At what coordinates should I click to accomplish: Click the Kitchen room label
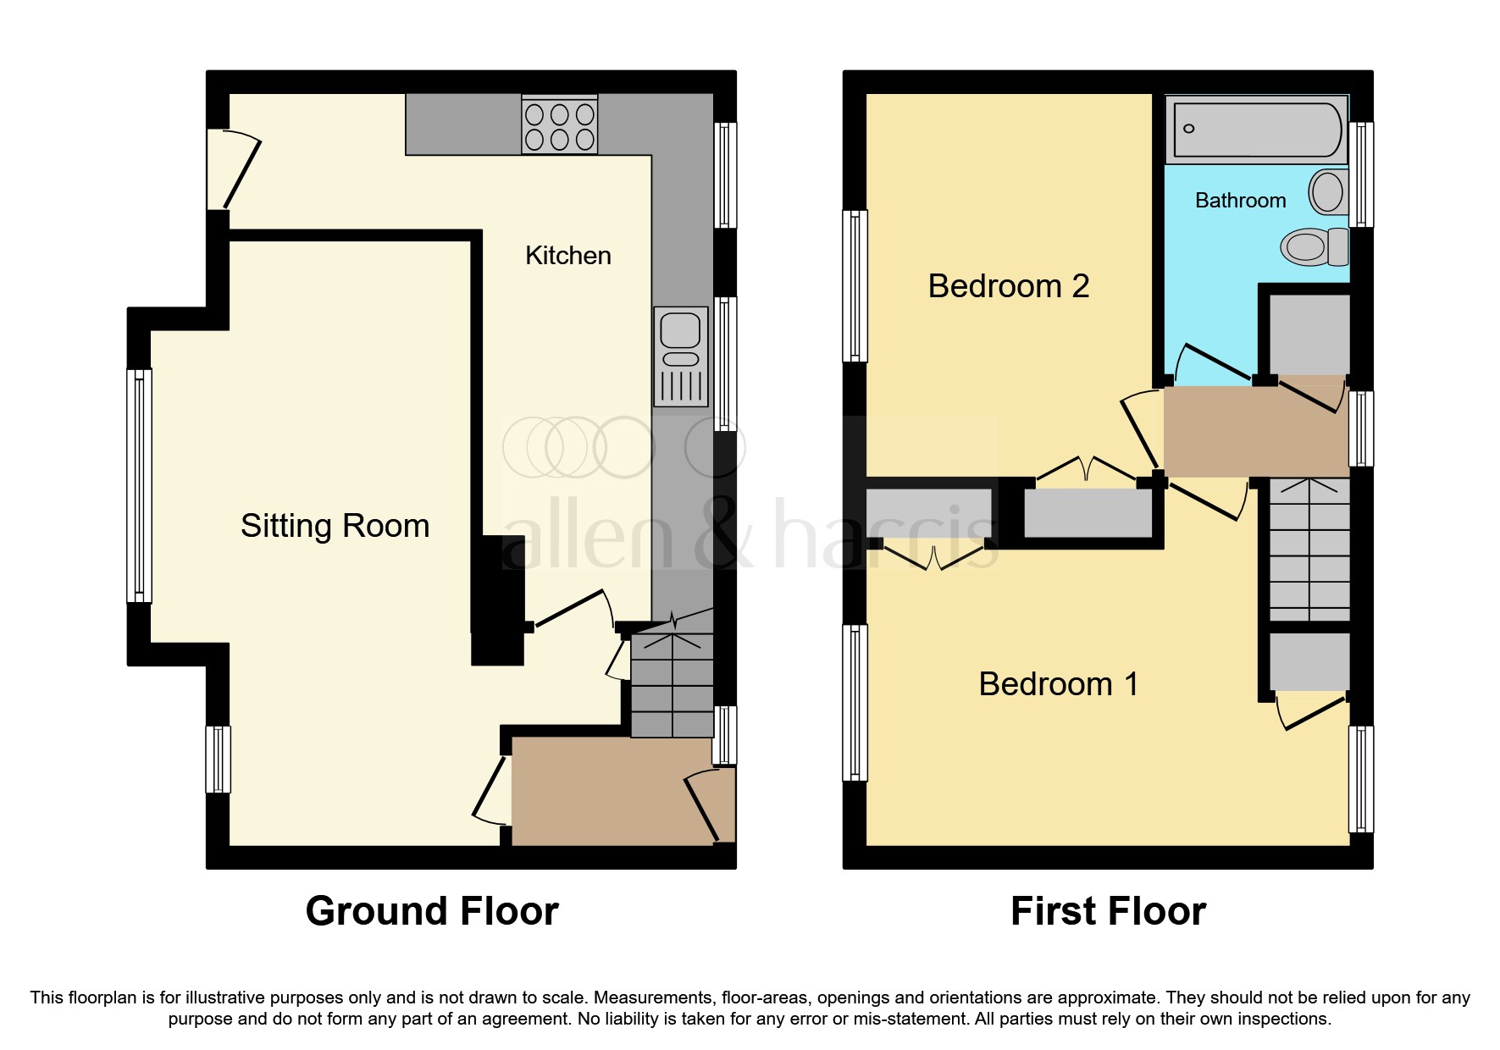coord(567,256)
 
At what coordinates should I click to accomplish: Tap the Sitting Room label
coord(335,526)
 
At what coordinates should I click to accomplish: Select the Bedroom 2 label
coord(1008,286)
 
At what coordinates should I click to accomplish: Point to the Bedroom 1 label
coord(1058,684)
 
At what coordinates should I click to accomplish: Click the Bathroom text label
coord(1239,201)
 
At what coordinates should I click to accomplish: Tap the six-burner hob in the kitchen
coord(559,126)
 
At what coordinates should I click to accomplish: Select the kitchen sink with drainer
coord(680,356)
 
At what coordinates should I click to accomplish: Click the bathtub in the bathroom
coord(1256,130)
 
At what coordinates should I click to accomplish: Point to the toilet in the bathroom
coord(1313,247)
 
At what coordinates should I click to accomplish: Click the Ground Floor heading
coord(432,911)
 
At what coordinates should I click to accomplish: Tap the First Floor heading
coord(1107,911)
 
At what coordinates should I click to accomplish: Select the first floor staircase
coord(1309,550)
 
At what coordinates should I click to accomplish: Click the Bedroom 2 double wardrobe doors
coord(1088,471)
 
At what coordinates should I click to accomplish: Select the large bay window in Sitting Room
coord(140,485)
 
